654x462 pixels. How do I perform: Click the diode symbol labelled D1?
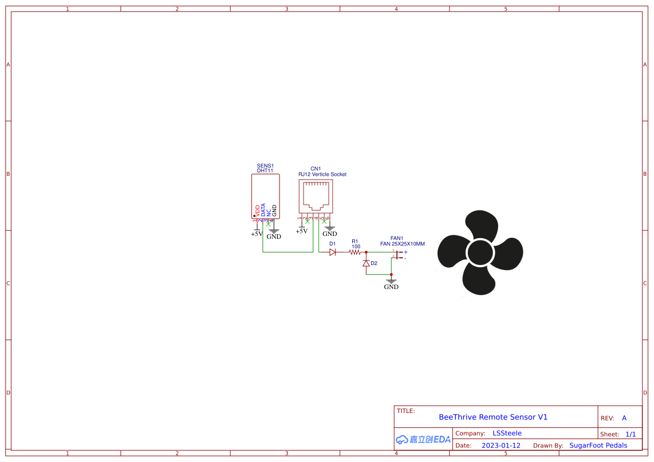333,252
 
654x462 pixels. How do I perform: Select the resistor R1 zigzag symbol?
354,252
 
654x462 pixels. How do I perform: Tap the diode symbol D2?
366,263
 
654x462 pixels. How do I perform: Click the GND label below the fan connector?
391,287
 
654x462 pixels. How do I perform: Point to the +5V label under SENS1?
257,234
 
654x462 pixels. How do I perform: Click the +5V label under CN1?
301,231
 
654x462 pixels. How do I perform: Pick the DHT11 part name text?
265,171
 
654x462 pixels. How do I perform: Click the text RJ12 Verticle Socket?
322,174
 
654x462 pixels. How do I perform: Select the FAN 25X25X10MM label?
402,244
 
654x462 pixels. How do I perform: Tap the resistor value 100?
356,246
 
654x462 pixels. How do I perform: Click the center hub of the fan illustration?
480,252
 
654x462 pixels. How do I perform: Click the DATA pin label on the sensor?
263,210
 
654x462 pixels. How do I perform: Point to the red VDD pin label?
258,210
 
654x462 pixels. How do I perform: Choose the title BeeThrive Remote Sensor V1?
493,417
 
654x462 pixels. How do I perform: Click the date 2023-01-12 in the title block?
501,445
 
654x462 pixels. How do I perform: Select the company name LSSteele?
507,433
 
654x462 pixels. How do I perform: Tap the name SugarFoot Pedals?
598,445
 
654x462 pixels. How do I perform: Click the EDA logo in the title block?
423,439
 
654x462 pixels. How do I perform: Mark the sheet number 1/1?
631,434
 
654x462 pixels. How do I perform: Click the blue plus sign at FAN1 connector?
406,252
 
